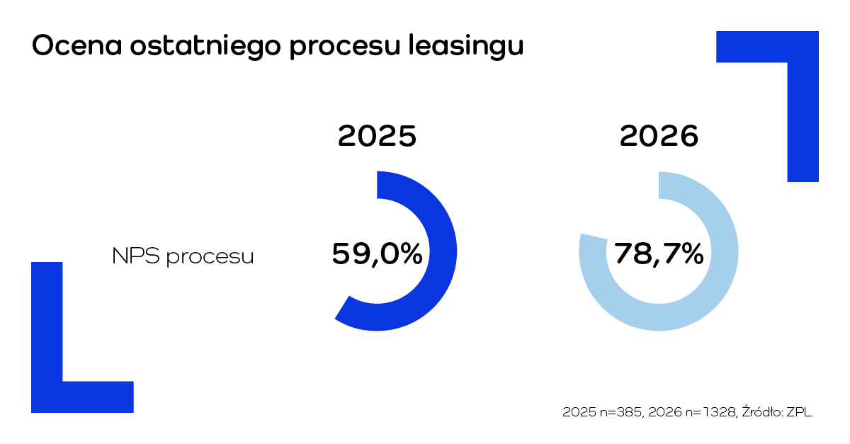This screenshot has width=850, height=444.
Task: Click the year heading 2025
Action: tap(377, 137)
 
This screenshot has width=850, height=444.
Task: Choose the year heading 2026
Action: tap(659, 137)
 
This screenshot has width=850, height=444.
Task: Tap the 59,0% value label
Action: tap(377, 254)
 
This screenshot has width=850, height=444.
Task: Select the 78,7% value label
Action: tap(659, 254)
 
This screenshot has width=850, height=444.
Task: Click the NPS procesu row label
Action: tap(183, 256)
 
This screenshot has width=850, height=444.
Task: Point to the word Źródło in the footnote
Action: tap(761, 411)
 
